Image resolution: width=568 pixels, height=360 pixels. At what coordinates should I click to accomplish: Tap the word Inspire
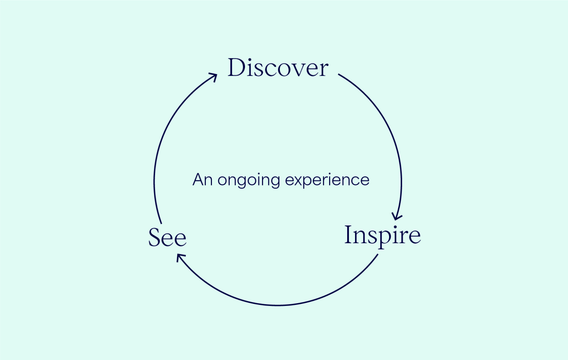pos(382,235)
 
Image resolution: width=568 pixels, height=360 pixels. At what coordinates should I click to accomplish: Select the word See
pos(167,238)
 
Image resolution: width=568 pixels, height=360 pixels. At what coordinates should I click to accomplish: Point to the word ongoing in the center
pos(248,180)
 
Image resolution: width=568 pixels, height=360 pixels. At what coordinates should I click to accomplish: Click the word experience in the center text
pos(327,180)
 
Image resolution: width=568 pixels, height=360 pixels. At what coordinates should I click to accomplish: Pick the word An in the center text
pos(202,180)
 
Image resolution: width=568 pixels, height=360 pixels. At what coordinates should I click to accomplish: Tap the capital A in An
pos(198,180)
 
